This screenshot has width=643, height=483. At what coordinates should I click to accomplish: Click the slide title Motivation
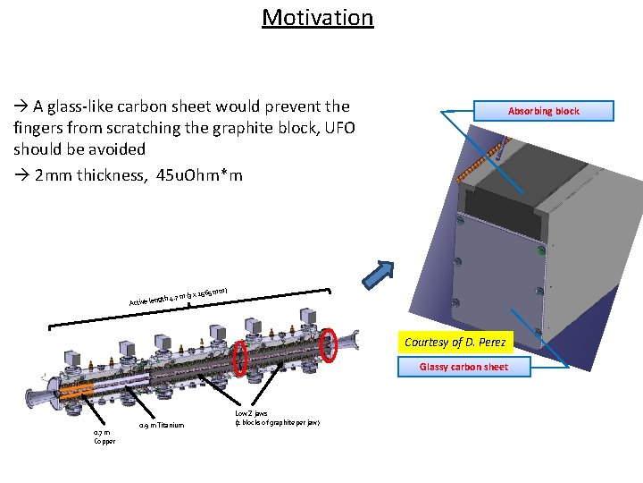pyautogui.click(x=317, y=18)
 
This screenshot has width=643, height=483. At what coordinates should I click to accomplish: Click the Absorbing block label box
pyautogui.click(x=543, y=111)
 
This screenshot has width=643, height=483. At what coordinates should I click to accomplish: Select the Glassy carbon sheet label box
pyautogui.click(x=463, y=367)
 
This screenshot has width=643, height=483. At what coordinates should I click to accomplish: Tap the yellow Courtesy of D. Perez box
pyautogui.click(x=455, y=343)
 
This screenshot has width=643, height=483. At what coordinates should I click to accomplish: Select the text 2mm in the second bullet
pyautogui.click(x=54, y=174)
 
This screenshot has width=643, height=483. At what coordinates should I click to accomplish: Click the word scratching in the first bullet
pyautogui.click(x=154, y=128)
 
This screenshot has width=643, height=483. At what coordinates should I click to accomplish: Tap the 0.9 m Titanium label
pyautogui.click(x=162, y=425)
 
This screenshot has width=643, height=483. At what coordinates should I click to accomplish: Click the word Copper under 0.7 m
pyautogui.click(x=104, y=441)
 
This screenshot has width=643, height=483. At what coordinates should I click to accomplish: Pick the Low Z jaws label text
pyautogui.click(x=251, y=413)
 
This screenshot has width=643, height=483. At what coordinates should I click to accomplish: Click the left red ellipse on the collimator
pyautogui.click(x=239, y=358)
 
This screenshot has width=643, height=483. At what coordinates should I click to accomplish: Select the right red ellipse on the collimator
pyautogui.click(x=329, y=343)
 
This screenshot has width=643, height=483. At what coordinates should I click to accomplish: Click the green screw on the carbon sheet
pyautogui.click(x=540, y=252)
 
